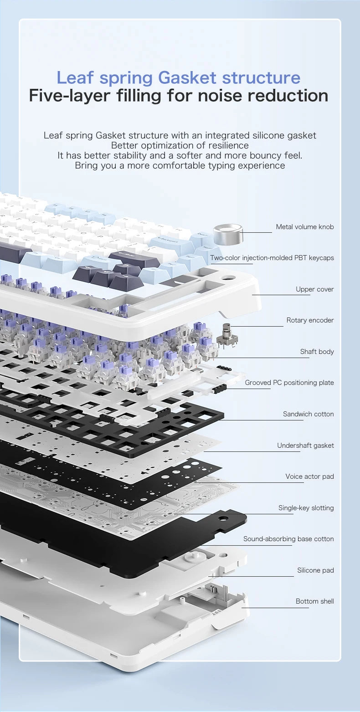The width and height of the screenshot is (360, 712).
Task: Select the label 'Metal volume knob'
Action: point(304,227)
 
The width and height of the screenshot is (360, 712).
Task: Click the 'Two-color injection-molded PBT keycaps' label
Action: point(272,258)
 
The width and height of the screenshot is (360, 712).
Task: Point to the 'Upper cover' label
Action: point(314,289)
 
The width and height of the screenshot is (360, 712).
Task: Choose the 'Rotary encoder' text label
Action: point(310,320)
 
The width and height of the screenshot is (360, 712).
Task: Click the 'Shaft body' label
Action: point(317,352)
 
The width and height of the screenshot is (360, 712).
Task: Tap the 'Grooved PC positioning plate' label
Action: point(289,383)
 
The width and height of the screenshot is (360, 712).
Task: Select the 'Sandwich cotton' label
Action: point(308,414)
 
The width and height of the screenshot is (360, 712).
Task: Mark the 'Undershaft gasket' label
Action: point(305,446)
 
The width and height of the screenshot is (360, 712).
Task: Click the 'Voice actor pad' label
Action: point(309,476)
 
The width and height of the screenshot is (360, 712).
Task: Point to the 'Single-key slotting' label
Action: point(306,508)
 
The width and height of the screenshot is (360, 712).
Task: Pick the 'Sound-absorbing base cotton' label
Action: point(288,539)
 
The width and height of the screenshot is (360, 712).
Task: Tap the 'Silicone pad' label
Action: point(315,570)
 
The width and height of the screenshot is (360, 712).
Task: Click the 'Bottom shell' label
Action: point(314,601)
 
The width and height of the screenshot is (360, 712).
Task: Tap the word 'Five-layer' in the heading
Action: point(69,96)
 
